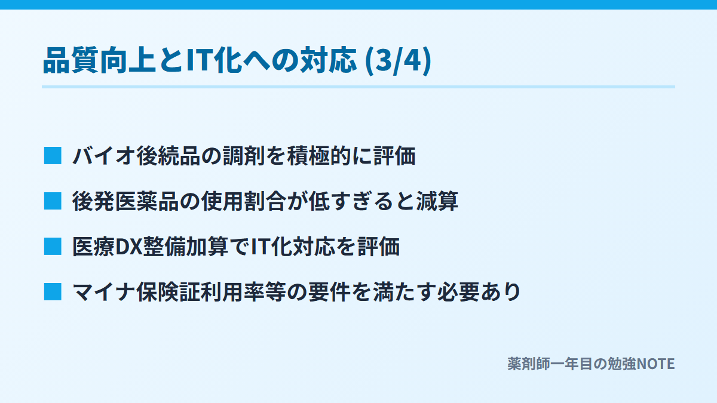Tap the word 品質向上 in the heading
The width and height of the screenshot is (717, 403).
(100, 60)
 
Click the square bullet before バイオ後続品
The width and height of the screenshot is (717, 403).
(53, 156)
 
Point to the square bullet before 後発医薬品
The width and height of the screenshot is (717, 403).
(53, 201)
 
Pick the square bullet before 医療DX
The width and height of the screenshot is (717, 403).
(53, 247)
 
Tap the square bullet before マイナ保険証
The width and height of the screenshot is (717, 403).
(53, 292)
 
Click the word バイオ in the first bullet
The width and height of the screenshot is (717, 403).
(104, 156)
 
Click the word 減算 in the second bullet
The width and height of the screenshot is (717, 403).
(437, 202)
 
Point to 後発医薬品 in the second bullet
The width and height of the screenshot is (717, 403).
(125, 202)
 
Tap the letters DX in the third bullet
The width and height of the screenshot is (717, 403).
(128, 247)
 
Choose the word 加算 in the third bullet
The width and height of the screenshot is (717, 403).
(207, 247)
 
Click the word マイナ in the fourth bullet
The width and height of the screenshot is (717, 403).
(104, 293)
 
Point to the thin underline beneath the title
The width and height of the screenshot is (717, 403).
(358, 87)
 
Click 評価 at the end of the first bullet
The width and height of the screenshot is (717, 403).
(394, 156)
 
